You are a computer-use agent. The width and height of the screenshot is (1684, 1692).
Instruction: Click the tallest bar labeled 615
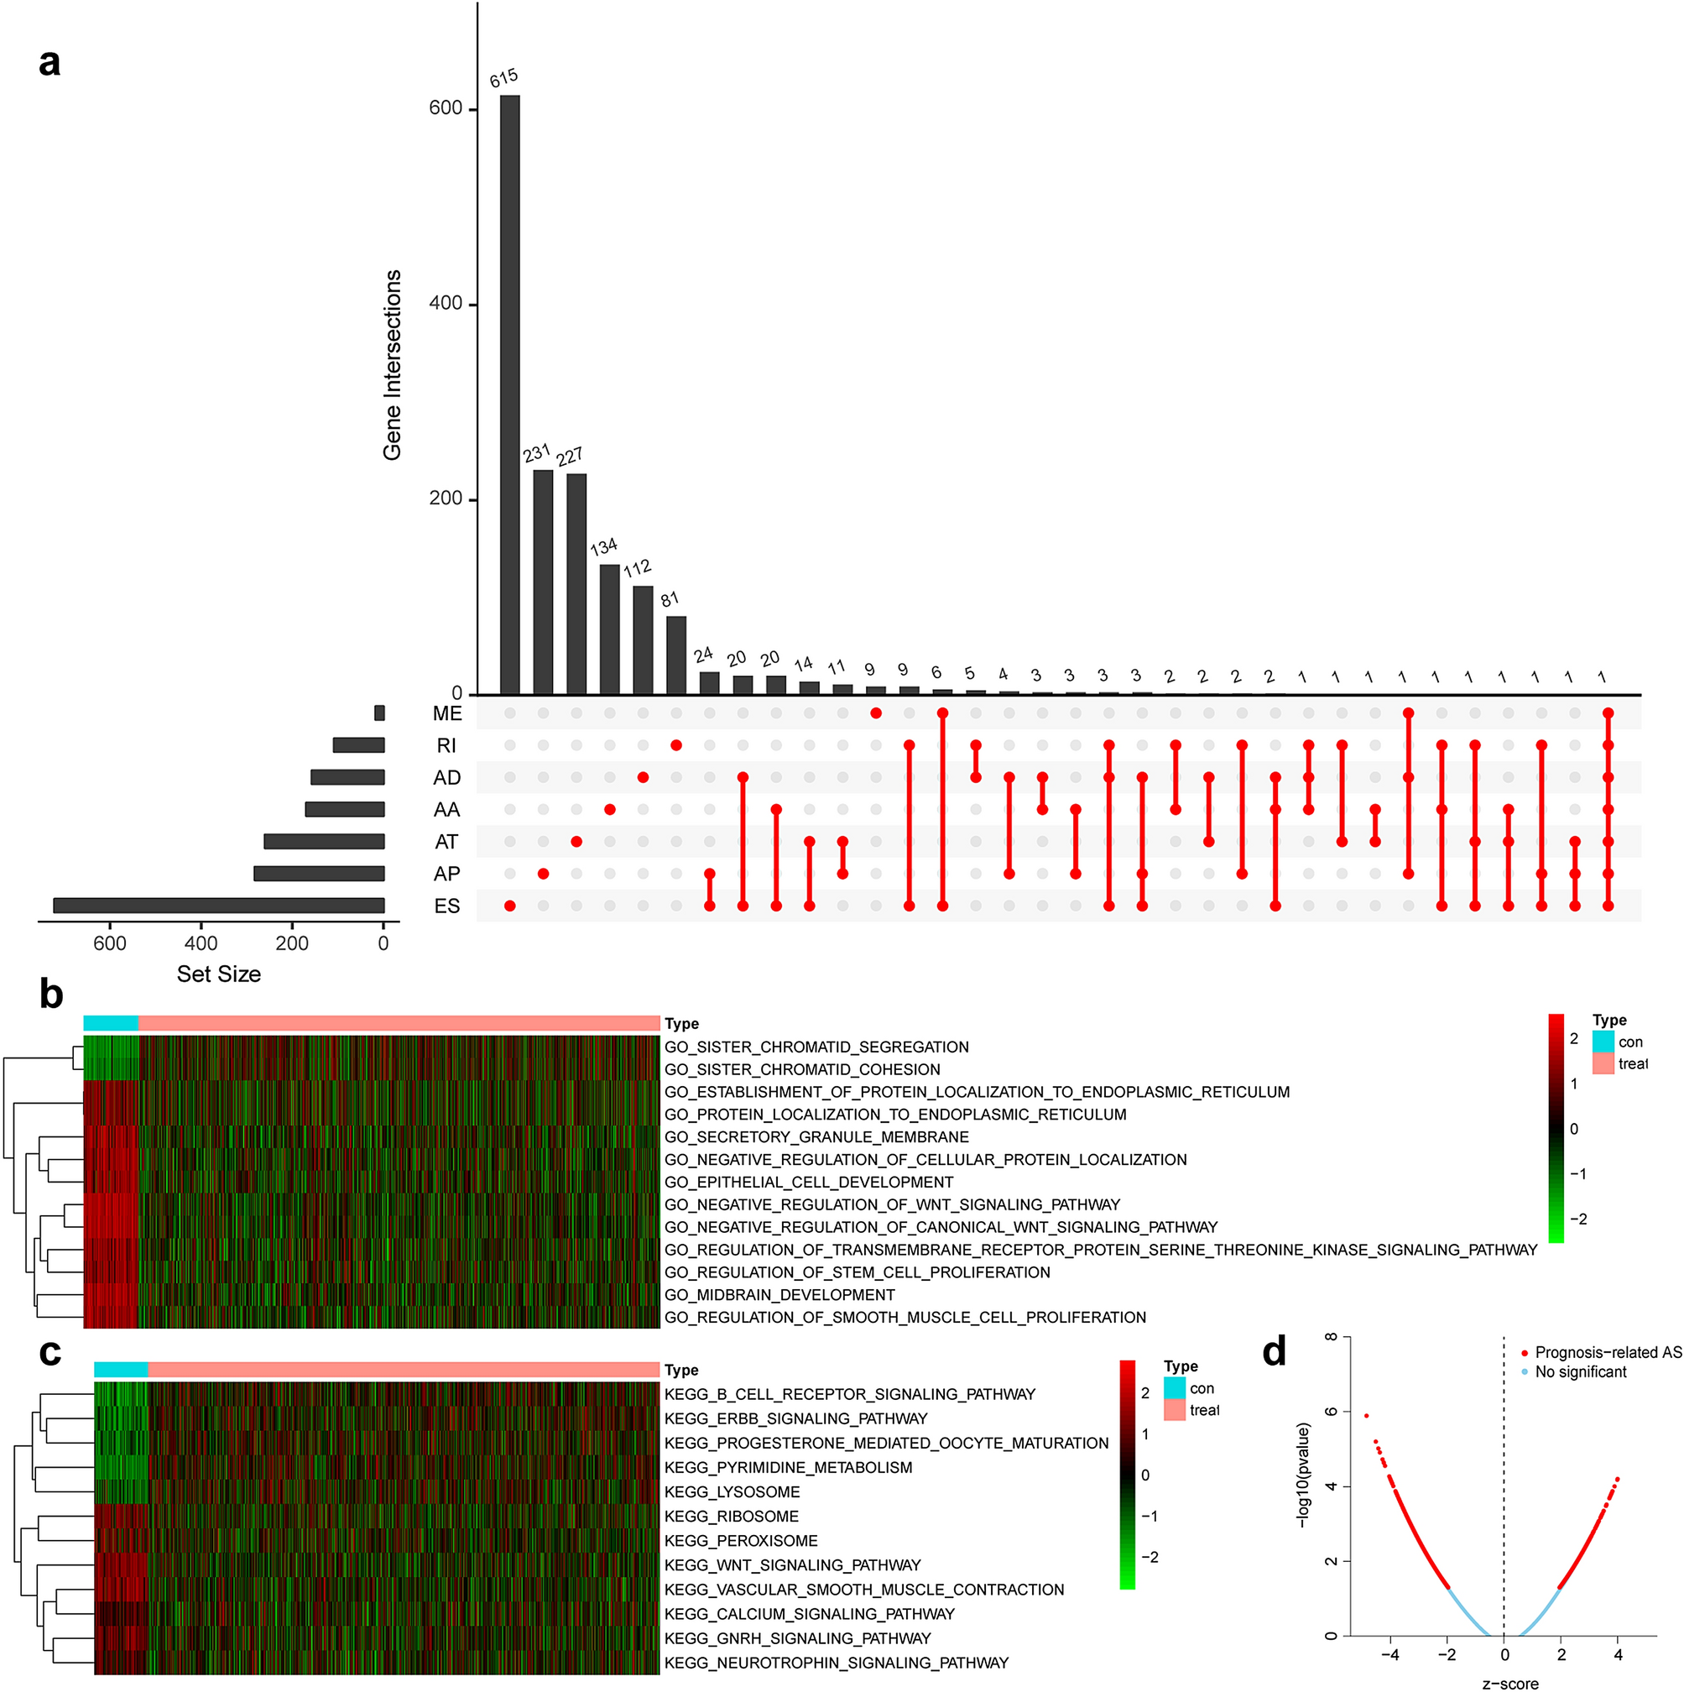click(509, 394)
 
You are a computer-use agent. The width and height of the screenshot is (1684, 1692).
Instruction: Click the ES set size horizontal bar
click(219, 906)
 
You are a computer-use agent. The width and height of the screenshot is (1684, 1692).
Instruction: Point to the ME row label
click(446, 713)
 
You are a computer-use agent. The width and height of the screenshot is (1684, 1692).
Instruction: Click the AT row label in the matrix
click(446, 842)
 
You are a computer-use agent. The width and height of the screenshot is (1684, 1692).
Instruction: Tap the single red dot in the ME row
click(876, 713)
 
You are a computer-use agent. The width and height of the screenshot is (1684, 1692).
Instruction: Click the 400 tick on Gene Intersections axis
click(445, 304)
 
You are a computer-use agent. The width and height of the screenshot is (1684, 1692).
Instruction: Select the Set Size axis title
click(219, 974)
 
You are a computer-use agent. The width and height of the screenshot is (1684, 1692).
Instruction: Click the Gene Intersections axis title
click(392, 364)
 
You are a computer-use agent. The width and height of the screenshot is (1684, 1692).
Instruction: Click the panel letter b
click(51, 995)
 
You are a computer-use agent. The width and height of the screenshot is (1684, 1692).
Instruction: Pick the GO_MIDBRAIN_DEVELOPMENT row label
click(779, 1294)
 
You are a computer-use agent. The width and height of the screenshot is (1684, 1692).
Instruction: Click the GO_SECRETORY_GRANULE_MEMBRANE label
click(816, 1136)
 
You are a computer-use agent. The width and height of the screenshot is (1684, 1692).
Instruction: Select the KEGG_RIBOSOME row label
click(731, 1516)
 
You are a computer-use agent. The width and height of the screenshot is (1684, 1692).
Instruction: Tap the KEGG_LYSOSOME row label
click(733, 1491)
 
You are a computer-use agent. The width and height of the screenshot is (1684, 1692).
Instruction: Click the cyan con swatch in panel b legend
click(1603, 1042)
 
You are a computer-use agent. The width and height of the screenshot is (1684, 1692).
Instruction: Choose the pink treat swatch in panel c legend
click(1175, 1410)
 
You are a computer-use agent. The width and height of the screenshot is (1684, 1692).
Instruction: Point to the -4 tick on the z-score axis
click(1389, 1655)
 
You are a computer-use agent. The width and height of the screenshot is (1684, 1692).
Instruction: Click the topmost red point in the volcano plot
click(1366, 1415)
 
